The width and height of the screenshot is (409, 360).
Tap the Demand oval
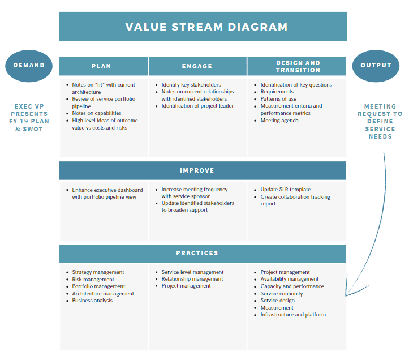click(29, 66)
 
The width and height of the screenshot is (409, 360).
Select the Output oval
click(376, 66)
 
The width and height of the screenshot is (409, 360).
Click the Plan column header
click(102, 66)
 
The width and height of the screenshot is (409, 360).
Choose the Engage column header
click(197, 66)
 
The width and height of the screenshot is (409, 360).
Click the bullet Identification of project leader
click(197, 106)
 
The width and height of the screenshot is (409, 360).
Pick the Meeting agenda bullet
click(279, 121)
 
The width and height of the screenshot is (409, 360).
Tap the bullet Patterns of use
click(278, 99)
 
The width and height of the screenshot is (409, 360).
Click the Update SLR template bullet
click(285, 190)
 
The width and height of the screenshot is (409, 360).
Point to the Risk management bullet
click(93, 280)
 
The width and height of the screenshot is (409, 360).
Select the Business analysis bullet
click(92, 301)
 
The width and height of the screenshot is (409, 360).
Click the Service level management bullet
click(192, 272)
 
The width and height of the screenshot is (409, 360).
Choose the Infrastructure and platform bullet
click(293, 315)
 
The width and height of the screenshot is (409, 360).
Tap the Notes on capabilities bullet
click(96, 113)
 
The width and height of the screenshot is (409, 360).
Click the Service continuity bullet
click(282, 294)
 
